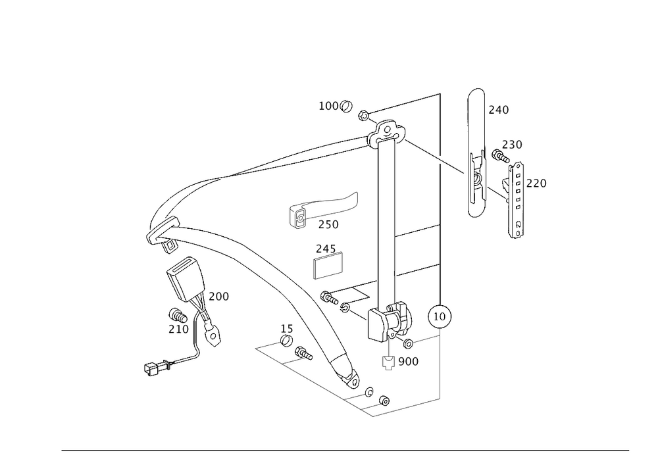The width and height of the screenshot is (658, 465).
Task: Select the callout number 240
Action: [498, 110]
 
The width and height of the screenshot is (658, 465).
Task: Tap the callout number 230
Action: [512, 145]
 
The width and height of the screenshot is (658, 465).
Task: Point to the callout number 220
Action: [536, 184]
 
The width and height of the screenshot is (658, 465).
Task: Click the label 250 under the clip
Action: [328, 224]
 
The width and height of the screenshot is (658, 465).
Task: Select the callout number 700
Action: [218, 297]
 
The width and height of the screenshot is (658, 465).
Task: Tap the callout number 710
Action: [178, 328]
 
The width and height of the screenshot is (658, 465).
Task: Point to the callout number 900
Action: [408, 361]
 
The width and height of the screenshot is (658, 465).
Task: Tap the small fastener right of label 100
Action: [363, 116]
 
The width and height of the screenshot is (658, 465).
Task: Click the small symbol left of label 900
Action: [388, 363]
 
